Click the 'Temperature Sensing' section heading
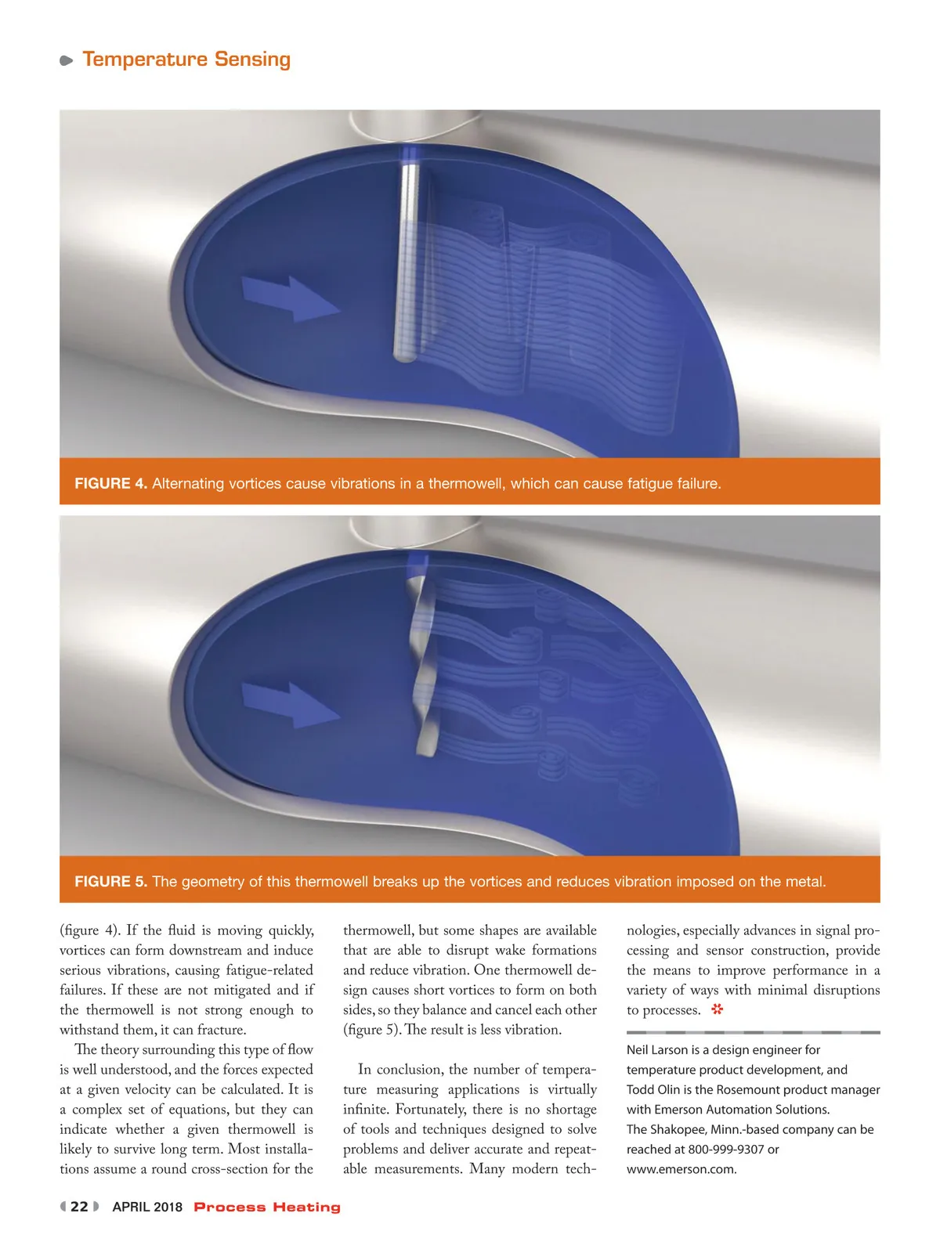[x=186, y=60]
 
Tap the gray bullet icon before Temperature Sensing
[x=67, y=60]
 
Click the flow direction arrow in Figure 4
[x=290, y=298]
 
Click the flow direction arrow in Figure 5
[x=290, y=703]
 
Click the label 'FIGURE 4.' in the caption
[x=110, y=484]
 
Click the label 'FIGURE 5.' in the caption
[x=110, y=882]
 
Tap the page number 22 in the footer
[x=79, y=1207]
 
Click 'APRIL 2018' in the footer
[x=147, y=1208]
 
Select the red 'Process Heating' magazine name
[x=267, y=1208]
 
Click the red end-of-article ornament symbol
[x=717, y=1009]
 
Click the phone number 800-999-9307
[x=725, y=1150]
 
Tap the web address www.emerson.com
[x=681, y=1170]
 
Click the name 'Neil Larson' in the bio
[x=656, y=1050]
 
